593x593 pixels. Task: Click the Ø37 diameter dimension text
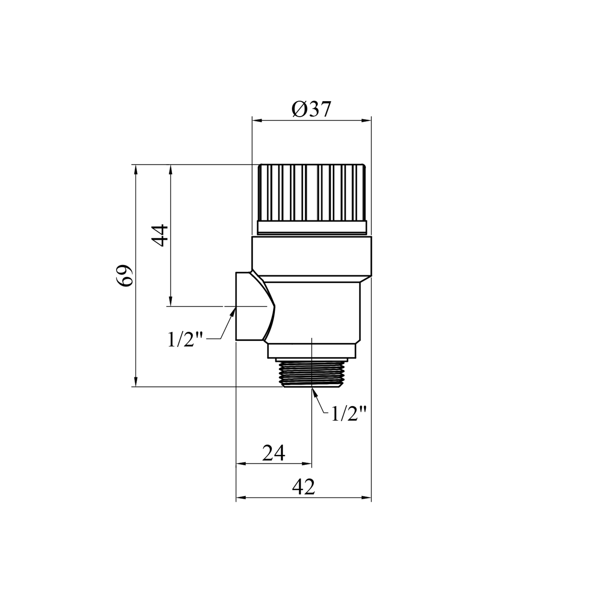[x=311, y=110]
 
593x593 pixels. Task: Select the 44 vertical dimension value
[x=161, y=236]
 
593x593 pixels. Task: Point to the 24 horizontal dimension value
[x=274, y=453]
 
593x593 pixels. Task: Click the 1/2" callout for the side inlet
[x=185, y=340]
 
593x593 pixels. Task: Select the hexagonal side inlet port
[x=255, y=306]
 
